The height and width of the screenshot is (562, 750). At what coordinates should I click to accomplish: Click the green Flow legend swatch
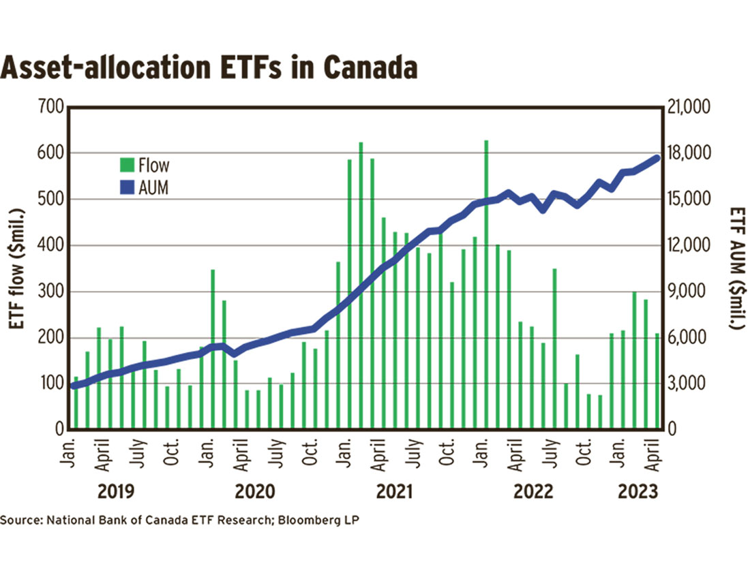click(x=127, y=165)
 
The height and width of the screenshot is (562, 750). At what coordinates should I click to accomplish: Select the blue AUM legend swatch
click(x=127, y=187)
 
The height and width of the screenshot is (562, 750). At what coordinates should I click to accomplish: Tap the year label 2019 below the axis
click(x=117, y=490)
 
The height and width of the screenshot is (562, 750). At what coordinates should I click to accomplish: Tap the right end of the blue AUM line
click(x=657, y=159)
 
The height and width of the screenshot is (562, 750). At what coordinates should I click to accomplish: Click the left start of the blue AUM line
click(x=74, y=386)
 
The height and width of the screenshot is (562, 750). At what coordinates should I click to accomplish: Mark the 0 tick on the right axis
click(x=672, y=430)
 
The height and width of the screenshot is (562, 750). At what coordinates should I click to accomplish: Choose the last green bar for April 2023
click(x=657, y=381)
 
